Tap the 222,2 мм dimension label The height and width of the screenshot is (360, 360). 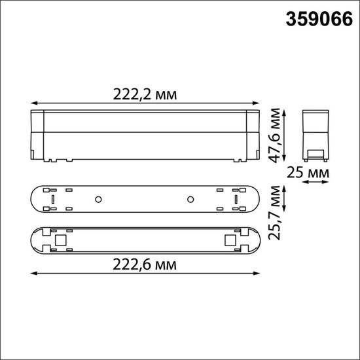point(145,94)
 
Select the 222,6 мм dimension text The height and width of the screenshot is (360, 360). point(145,264)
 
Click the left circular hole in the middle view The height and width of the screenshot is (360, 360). point(98,198)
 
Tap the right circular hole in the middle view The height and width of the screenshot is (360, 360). point(191,198)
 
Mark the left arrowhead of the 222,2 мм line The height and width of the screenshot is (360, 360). point(33,103)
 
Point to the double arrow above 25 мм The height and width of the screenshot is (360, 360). point(315,183)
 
